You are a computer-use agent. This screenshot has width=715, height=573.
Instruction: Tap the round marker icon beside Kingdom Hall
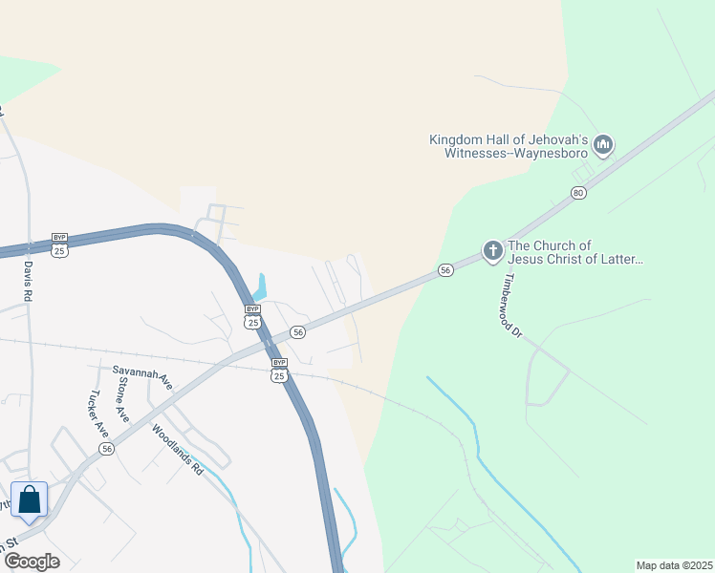tap(603, 145)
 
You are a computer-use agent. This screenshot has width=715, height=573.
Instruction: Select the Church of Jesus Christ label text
tap(575, 252)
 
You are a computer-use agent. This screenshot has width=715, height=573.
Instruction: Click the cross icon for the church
tap(492, 251)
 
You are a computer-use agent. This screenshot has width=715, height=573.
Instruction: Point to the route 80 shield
tap(577, 193)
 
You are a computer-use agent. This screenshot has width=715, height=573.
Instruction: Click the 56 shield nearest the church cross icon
tap(445, 270)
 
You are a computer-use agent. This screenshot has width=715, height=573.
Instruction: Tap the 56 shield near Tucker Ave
tap(107, 449)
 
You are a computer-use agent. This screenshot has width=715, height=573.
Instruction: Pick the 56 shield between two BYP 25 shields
tap(298, 332)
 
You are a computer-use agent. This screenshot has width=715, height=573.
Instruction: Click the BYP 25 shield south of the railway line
tap(278, 370)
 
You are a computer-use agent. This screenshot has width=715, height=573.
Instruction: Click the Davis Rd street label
tap(28, 283)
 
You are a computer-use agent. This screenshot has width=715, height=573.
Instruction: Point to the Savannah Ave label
tap(141, 377)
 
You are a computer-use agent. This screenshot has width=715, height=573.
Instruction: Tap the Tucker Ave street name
tap(98, 414)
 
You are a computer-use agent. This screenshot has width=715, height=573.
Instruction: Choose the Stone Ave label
tap(122, 399)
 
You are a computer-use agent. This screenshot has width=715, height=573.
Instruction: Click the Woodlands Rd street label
tap(178, 449)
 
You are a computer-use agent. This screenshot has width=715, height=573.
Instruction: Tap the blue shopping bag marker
tap(30, 500)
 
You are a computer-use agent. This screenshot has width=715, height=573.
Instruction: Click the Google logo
tap(31, 561)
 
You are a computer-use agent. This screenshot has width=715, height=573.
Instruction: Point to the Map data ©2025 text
tap(674, 565)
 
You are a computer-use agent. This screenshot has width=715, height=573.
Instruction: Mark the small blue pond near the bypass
tap(259, 286)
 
